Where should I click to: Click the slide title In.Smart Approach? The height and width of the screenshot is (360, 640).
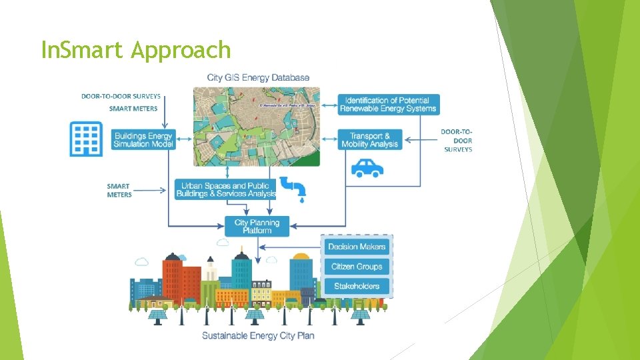(x=135, y=50)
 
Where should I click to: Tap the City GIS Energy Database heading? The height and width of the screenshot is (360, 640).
(x=258, y=77)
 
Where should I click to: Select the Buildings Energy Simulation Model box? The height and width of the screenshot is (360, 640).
(x=143, y=140)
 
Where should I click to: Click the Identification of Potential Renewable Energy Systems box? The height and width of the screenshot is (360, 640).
(x=388, y=104)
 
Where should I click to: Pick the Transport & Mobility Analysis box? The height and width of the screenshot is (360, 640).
(x=370, y=140)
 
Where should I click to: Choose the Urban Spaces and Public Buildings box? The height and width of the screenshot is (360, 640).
(x=226, y=190)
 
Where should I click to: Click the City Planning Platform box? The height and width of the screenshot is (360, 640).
(x=257, y=226)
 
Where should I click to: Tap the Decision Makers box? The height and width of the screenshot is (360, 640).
(x=357, y=247)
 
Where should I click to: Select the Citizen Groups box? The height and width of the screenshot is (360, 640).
(x=357, y=267)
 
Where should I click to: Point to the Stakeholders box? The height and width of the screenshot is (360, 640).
(x=357, y=287)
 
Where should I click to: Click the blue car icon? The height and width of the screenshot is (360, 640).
(x=367, y=167)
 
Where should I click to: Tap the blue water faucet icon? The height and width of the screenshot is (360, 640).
(x=293, y=188)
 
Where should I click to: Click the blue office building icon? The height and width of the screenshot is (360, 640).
(x=86, y=139)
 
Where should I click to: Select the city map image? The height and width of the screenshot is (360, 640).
(x=257, y=126)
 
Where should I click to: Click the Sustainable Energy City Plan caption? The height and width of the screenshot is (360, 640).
(x=258, y=335)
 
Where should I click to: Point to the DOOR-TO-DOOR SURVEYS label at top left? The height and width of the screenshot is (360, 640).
(x=121, y=96)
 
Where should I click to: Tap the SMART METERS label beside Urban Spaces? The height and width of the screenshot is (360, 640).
(x=119, y=191)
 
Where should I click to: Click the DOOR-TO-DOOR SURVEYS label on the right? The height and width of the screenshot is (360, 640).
(x=457, y=141)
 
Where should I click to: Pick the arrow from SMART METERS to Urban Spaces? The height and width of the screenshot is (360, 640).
(x=153, y=191)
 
